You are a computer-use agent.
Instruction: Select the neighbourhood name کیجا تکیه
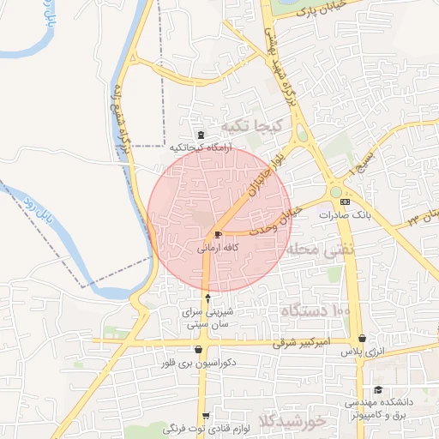click(247, 126)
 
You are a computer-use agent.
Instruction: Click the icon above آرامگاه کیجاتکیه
click(201, 134)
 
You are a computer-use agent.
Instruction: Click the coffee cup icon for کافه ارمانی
click(217, 234)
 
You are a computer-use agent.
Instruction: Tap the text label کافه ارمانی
click(218, 249)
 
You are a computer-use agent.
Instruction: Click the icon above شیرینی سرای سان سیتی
click(207, 298)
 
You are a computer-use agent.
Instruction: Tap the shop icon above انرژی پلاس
click(364, 339)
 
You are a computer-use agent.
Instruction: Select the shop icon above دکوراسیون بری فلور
click(200, 349)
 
